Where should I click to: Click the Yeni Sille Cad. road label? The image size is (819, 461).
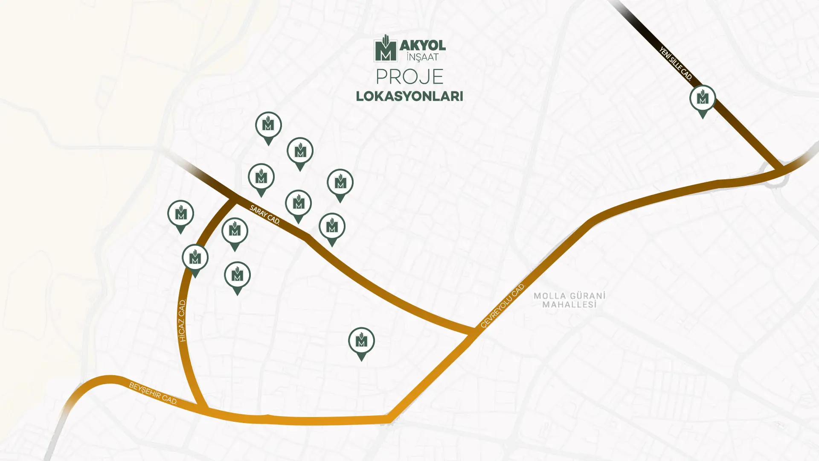[675, 64]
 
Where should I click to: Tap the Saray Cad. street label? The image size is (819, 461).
[265, 215]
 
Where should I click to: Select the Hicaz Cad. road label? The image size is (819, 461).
[183, 321]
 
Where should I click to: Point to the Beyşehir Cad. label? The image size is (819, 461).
[153, 393]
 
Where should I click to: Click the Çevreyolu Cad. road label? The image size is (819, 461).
[502, 306]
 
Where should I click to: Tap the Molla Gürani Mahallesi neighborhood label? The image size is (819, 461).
[569, 300]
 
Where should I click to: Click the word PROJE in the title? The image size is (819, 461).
[409, 77]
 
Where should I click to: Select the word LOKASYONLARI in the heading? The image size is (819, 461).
[409, 96]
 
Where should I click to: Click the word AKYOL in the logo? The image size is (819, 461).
[423, 45]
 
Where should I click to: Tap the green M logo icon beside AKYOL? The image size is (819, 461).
[386, 49]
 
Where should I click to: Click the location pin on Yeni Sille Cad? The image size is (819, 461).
[703, 99]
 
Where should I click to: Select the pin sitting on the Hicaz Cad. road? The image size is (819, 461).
[195, 259]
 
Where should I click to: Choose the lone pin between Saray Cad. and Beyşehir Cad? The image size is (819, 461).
[361, 342]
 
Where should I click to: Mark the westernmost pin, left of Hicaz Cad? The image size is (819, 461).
[180, 215]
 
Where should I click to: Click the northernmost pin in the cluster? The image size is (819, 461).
[268, 126]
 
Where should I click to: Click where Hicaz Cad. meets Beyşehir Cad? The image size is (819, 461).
[203, 408]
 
